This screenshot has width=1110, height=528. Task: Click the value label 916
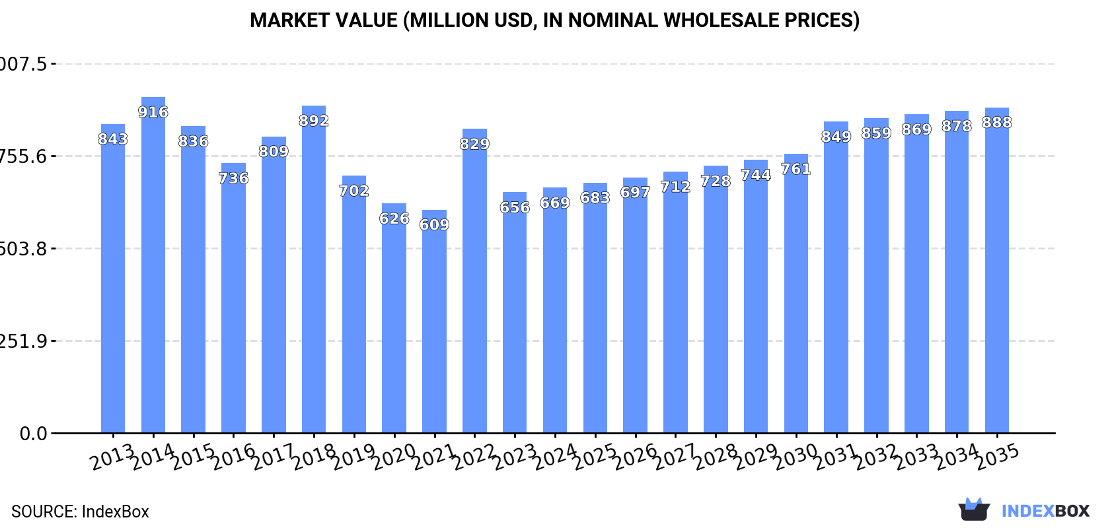tap(153, 112)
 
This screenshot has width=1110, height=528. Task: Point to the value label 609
tap(434, 225)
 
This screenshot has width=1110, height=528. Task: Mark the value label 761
tap(795, 170)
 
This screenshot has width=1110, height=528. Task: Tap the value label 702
tap(354, 191)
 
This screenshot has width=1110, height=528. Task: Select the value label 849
tap(836, 137)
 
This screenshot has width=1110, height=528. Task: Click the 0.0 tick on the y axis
tap(33, 434)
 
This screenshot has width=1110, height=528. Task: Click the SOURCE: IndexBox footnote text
tap(80, 511)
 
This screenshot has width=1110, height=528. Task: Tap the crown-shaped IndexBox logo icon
tap(974, 510)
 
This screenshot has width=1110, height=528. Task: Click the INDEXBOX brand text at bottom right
tap(1045, 511)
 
